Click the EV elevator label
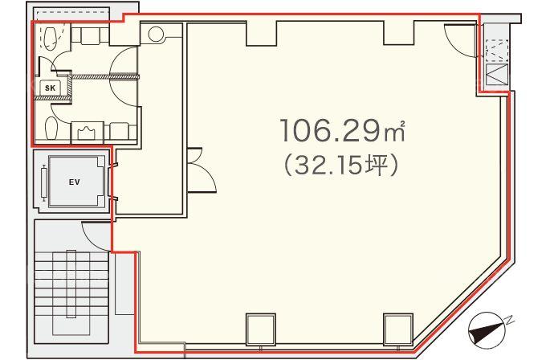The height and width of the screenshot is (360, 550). point(75,182)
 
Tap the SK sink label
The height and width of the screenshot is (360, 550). point(50,88)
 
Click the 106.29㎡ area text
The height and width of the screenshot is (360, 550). point(343,130)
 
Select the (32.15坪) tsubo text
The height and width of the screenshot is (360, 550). point(341,165)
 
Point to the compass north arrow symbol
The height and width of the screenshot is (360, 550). point(487,330)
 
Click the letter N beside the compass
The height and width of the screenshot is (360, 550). point(510,320)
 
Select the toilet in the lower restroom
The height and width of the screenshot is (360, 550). point(51,129)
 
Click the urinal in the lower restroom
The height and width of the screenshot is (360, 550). point(87,133)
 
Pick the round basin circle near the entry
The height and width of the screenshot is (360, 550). point(156,34)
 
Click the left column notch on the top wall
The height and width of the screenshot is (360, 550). point(262,34)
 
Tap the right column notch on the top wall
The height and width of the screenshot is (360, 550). point(399,33)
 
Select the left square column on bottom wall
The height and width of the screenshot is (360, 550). point(260,329)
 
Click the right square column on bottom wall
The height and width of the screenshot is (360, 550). point(398,329)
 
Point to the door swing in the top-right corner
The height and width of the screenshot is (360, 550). point(461,39)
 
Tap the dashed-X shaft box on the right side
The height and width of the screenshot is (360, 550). point(497,51)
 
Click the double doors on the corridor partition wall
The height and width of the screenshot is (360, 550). point(201,170)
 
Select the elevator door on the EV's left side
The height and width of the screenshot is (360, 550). point(44,182)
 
